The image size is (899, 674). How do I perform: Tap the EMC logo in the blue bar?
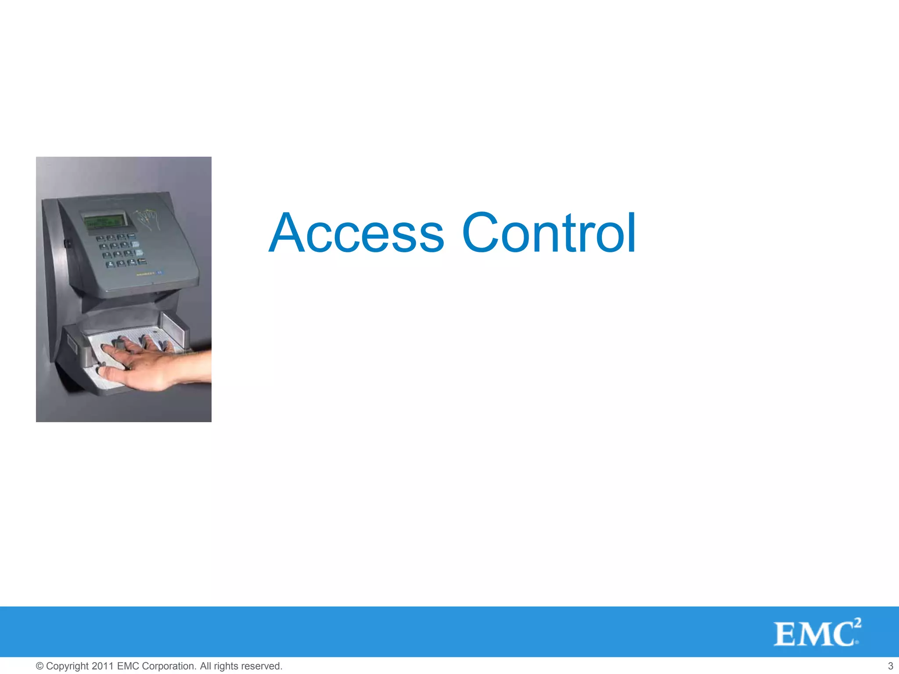pos(814,634)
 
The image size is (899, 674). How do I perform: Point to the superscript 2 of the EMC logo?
pos(857,623)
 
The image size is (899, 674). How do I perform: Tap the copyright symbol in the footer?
pos(40,666)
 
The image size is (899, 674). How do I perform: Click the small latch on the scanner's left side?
pos(67,242)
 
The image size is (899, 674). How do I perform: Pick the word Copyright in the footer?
pos(68,666)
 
